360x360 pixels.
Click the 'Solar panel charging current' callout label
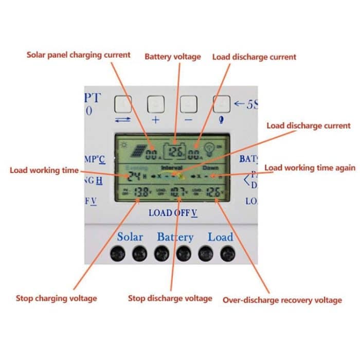[79, 55]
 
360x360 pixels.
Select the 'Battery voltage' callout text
[172, 57]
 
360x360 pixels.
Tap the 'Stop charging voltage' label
[56, 298]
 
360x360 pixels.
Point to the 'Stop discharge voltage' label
[170, 298]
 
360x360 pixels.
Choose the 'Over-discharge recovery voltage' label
[282, 300]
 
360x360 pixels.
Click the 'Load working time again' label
[310, 168]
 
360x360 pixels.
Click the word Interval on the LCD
[172, 168]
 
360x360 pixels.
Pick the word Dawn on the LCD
[210, 168]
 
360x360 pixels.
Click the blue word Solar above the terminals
[130, 237]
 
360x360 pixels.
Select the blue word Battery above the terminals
[175, 237]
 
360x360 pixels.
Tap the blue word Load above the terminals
[220, 237]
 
